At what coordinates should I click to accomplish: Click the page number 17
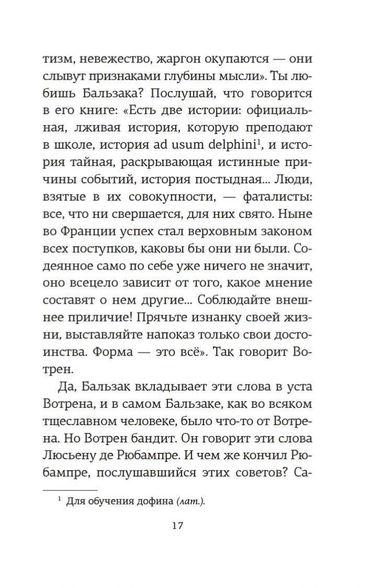click(x=177, y=525)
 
